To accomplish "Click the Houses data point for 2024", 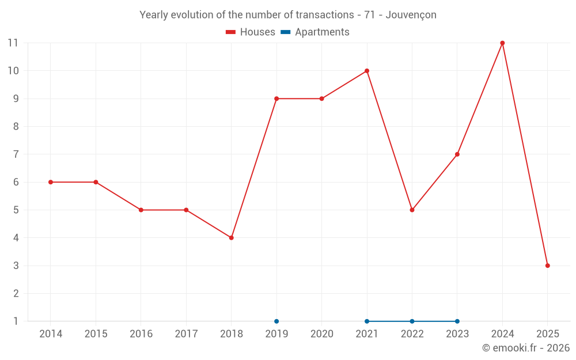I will (502, 43).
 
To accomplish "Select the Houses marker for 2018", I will (232, 238).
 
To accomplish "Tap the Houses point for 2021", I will (367, 71).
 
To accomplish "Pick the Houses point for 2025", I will (548, 266).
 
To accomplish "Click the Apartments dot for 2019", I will (276, 321).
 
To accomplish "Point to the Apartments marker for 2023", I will (457, 321).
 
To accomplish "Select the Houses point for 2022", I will (412, 210).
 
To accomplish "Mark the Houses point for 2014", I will (51, 182).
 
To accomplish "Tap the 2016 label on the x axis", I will (141, 334).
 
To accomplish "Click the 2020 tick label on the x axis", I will (322, 334).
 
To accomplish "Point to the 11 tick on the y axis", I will (13, 43).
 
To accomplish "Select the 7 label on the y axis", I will (16, 154).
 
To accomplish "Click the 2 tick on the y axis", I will (16, 294).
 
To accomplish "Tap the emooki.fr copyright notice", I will (526, 348).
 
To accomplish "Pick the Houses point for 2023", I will (457, 154).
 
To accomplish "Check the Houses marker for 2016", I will (141, 210).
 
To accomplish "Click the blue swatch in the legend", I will (285, 32).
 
